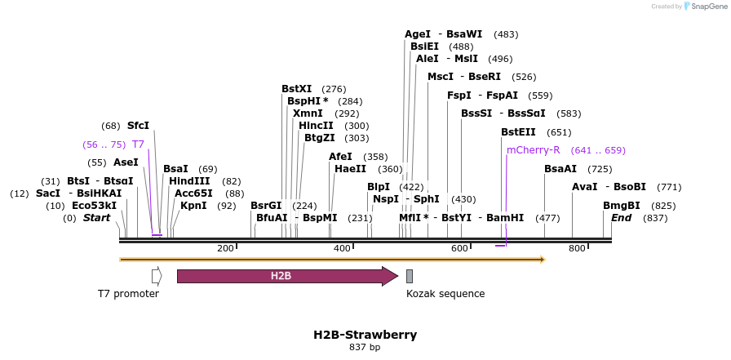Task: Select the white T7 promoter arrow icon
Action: tap(157, 276)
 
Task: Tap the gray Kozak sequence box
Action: tap(410, 276)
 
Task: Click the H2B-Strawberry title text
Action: tap(365, 335)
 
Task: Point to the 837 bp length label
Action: tap(365, 348)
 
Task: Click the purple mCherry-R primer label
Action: tap(533, 150)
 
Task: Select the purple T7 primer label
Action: tap(138, 144)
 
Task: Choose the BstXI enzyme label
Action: tap(296, 89)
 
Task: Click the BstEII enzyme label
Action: tap(518, 132)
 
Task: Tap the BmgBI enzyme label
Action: tap(621, 206)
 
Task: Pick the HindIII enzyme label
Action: tap(189, 181)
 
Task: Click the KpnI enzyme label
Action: tap(195, 206)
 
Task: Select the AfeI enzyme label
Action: tap(340, 157)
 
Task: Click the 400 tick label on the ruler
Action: tap(343, 248)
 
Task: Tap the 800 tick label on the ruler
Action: tap(578, 248)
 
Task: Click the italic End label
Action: tap(622, 218)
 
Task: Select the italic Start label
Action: tap(96, 218)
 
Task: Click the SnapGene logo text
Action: tap(707, 7)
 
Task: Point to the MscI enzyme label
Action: tap(441, 77)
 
